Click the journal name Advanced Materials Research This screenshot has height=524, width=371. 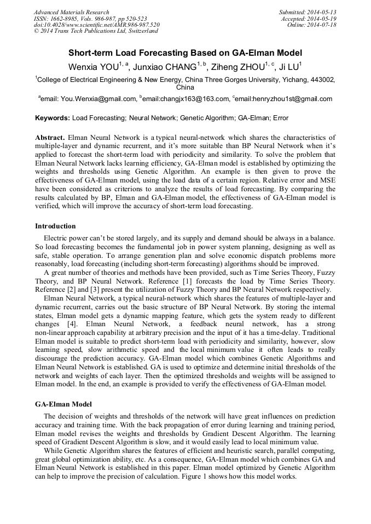click(x=71, y=12)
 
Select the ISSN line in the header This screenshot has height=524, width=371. click(x=91, y=19)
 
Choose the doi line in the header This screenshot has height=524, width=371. click(x=96, y=25)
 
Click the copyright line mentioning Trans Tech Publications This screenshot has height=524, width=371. click(x=96, y=31)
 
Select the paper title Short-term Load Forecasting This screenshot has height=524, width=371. click(x=185, y=54)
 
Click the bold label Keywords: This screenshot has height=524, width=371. click(x=53, y=117)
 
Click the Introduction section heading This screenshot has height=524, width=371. click(x=55, y=226)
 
